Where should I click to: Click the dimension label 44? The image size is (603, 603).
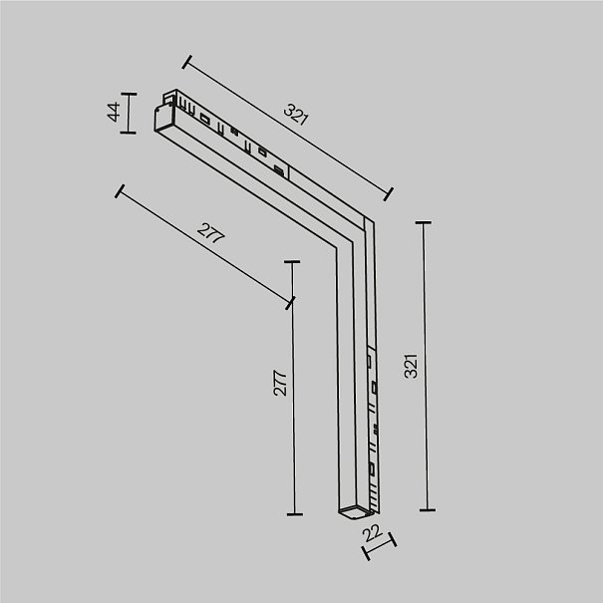click(x=114, y=112)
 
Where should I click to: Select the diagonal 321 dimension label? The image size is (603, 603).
click(x=296, y=115)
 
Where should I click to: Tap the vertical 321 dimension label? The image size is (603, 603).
click(x=411, y=366)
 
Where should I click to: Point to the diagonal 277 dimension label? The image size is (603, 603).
click(x=210, y=232)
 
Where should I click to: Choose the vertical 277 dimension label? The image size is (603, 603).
click(x=280, y=383)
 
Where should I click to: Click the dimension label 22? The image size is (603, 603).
click(x=372, y=532)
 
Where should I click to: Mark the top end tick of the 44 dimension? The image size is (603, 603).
click(x=129, y=94)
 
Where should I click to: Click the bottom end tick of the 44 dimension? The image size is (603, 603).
click(x=128, y=133)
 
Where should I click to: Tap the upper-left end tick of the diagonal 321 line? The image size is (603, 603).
click(x=187, y=62)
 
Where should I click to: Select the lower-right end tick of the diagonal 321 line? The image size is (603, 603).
click(x=389, y=193)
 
